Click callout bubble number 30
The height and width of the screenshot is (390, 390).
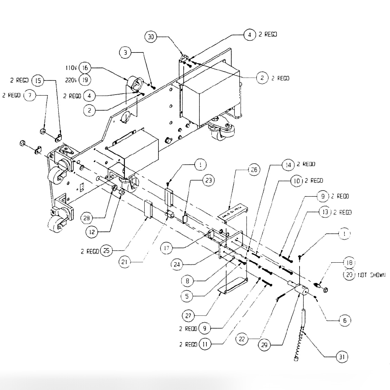[151, 37]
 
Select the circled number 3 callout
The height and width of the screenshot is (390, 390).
[125, 52]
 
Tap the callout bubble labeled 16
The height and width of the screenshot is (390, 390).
[85, 68]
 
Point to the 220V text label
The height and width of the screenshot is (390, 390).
[71, 80]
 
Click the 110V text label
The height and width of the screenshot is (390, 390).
[71, 68]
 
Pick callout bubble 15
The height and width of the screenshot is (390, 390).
[38, 81]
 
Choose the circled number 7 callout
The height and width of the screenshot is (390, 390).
[30, 95]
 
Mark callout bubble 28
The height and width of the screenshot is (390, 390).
[87, 218]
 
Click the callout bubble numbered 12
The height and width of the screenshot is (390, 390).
[92, 232]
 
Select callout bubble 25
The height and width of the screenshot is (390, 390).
[106, 251]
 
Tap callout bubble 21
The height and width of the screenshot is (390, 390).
[125, 262]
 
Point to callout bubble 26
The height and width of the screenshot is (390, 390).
[254, 170]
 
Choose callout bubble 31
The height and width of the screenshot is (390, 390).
[342, 357]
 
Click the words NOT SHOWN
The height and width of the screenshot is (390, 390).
[370, 275]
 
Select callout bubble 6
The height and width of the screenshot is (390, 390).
[344, 321]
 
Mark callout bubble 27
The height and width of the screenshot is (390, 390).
[189, 315]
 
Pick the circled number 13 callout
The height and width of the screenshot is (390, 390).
[325, 212]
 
